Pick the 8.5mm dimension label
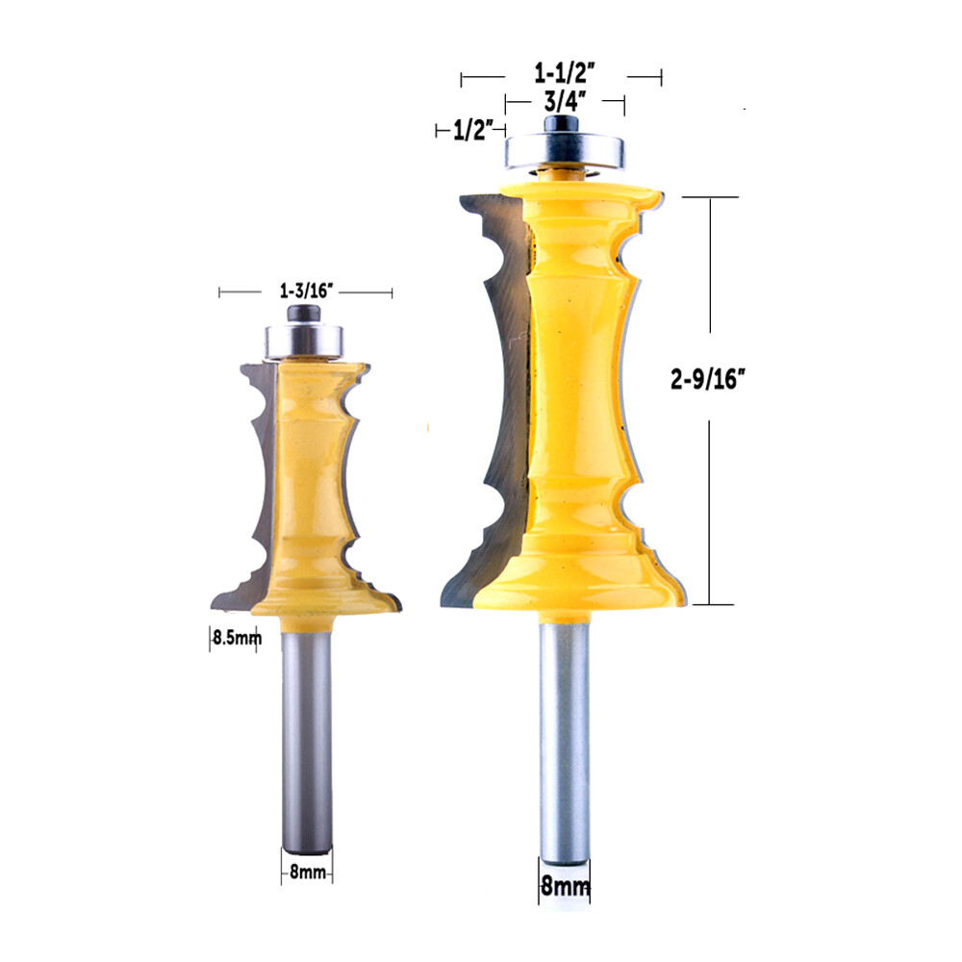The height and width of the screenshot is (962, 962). click(234, 637)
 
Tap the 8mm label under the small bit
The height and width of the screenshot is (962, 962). click(307, 873)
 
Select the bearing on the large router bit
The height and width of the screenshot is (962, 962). click(562, 152)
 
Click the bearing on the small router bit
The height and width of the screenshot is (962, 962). click(305, 339)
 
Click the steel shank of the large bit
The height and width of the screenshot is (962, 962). click(563, 731)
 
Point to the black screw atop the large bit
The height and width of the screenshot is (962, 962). click(560, 123)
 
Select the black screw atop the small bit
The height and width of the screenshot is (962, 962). click(305, 314)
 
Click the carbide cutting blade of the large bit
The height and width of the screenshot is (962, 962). click(495, 385)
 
